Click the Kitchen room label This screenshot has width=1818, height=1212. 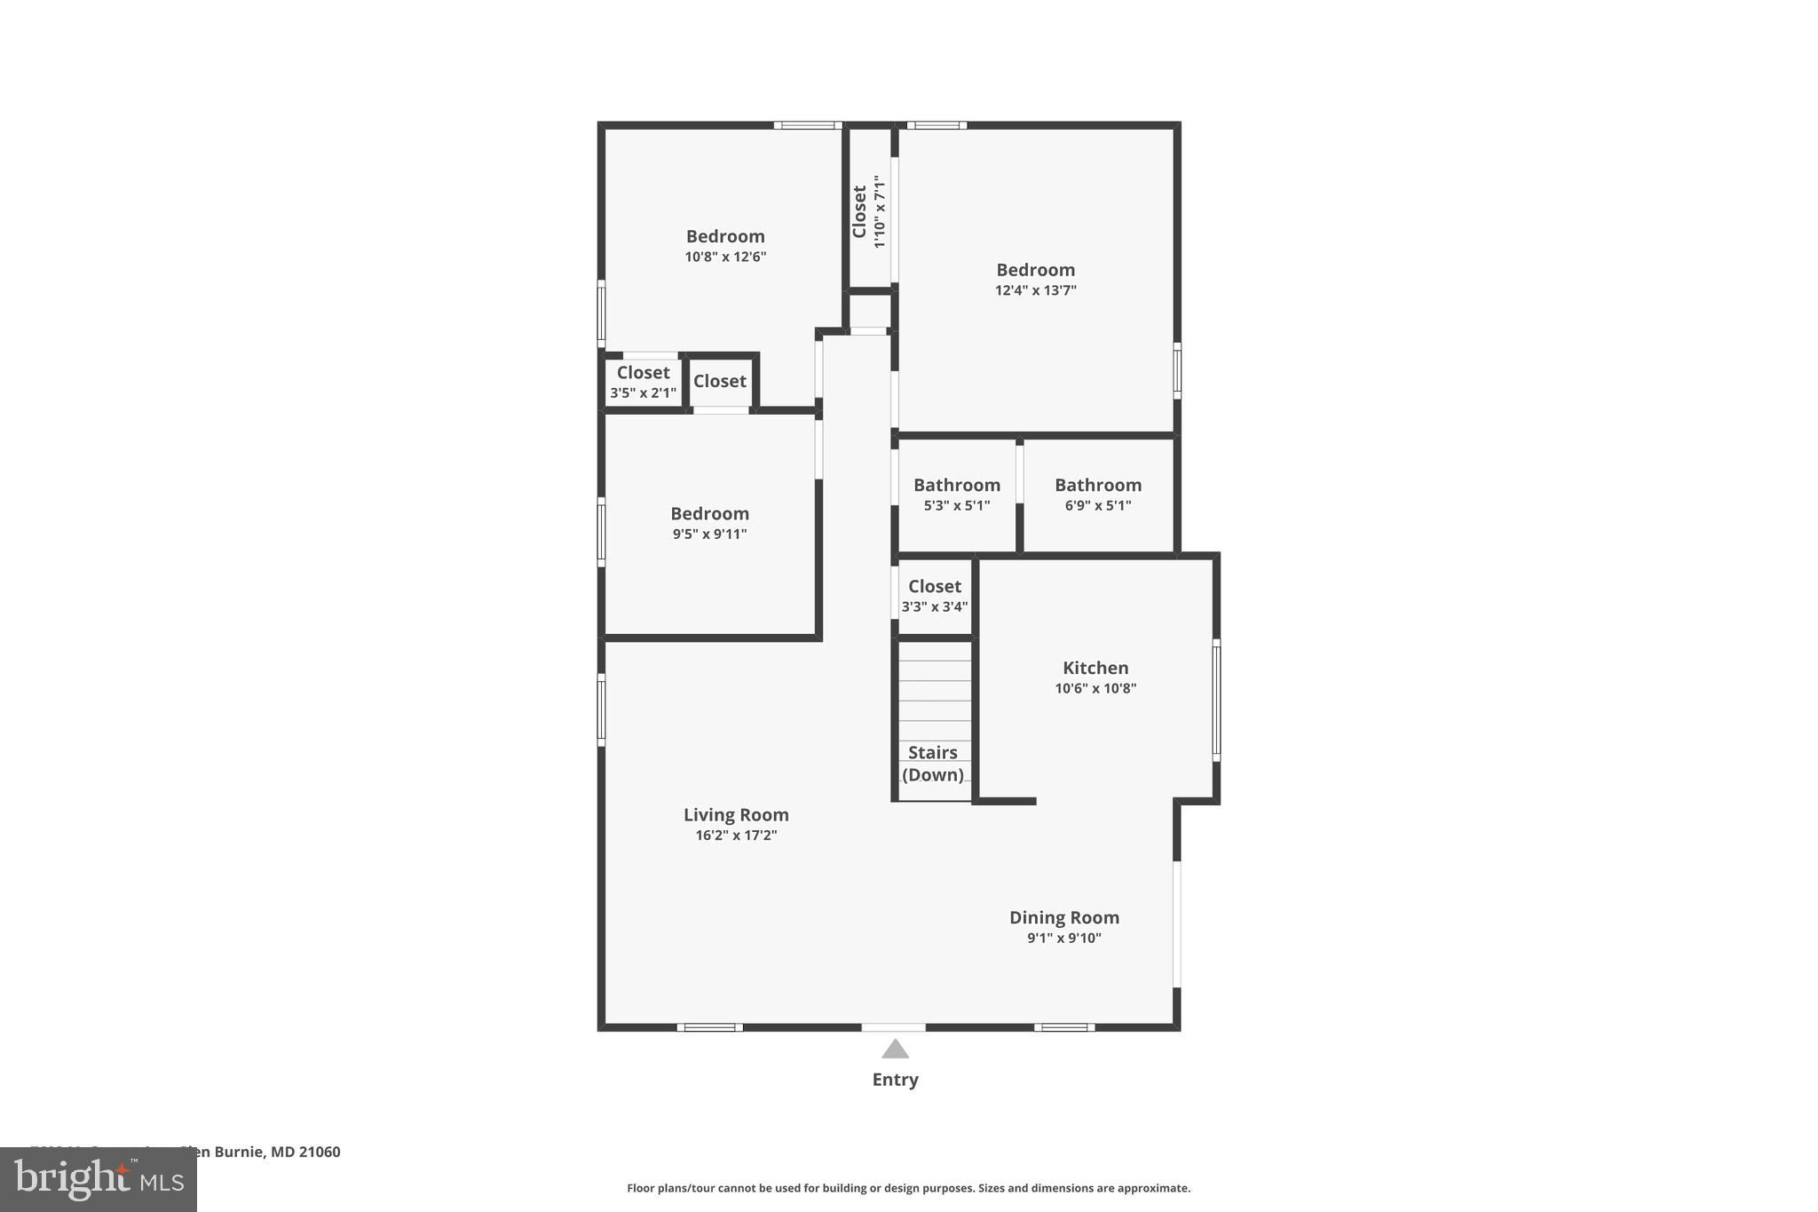tap(1095, 668)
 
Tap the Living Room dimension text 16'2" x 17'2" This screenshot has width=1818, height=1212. tap(736, 836)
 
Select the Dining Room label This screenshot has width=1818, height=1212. tap(1063, 917)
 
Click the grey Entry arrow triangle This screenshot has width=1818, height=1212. tap(895, 1050)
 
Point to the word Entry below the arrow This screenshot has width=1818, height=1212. tap(895, 1080)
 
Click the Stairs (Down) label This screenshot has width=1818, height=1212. tap(932, 764)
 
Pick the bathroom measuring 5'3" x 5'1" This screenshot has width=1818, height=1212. tap(956, 495)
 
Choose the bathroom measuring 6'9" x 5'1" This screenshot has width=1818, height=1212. tap(1097, 495)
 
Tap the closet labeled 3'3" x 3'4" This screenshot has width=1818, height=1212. tap(934, 596)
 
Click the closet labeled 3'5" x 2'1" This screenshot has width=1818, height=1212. tap(643, 382)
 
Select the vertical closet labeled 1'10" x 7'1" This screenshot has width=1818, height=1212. tap(868, 211)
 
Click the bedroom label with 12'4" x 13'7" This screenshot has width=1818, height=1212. tap(1035, 270)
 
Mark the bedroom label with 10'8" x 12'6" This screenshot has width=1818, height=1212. tap(725, 236)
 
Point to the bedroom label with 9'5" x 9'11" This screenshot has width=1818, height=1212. tap(709, 513)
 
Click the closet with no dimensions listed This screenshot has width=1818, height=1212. tap(719, 381)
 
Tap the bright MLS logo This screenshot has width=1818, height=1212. tap(99, 1180)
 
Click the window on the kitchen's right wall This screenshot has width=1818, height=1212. tap(1216, 700)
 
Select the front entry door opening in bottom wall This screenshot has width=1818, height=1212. tap(893, 1027)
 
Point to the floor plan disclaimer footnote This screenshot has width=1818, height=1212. tap(908, 1188)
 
